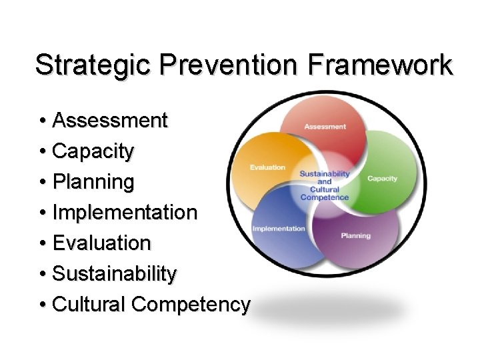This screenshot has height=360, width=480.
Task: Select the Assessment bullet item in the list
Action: pyautogui.click(x=109, y=121)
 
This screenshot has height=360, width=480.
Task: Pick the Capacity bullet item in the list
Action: pyautogui.click(x=93, y=151)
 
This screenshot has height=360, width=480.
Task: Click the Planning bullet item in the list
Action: pyautogui.click(x=93, y=182)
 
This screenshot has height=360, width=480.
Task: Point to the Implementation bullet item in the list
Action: pyautogui.click(x=124, y=213)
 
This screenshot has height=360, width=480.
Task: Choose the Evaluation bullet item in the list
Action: pyautogui.click(x=101, y=243)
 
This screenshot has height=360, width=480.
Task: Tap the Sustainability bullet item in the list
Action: pyautogui.click(x=114, y=274)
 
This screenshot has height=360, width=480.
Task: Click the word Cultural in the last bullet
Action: pyautogui.click(x=89, y=305)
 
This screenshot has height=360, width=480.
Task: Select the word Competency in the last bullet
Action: pyautogui.click(x=191, y=305)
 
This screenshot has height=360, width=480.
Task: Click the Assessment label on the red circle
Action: pyautogui.click(x=325, y=127)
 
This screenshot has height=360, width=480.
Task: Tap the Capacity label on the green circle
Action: pyautogui.click(x=382, y=178)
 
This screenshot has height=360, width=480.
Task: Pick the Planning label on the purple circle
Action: pyautogui.click(x=355, y=235)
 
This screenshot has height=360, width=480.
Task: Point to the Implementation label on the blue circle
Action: pyautogui.click(x=279, y=229)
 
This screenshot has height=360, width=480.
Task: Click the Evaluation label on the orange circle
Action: pyautogui.click(x=267, y=167)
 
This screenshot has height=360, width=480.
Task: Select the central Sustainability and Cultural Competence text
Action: pyautogui.click(x=325, y=185)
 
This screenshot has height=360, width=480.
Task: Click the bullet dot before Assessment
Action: pyautogui.click(x=42, y=121)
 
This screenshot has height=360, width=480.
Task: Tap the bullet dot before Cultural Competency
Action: pyautogui.click(x=42, y=305)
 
